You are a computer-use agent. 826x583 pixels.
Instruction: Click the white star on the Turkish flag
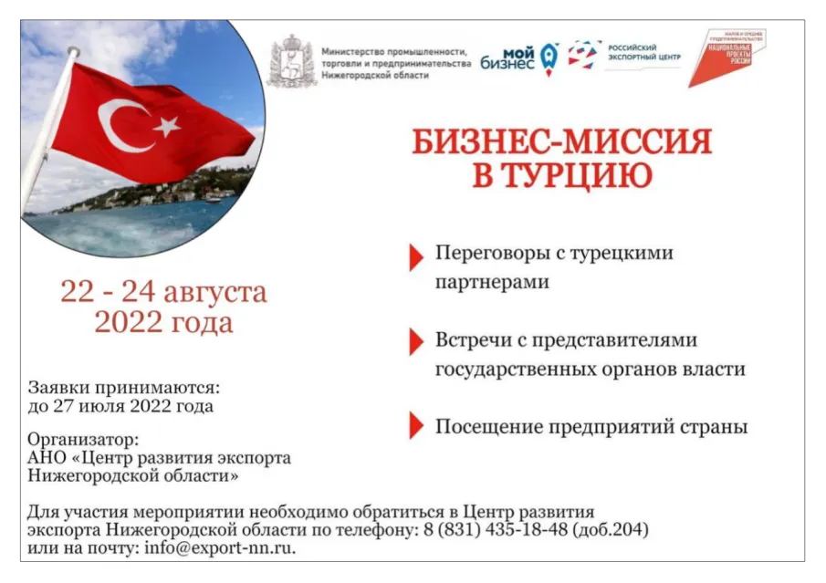166,126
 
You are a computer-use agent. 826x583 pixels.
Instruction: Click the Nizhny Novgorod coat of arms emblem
290,61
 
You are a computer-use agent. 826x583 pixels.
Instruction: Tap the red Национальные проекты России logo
727,56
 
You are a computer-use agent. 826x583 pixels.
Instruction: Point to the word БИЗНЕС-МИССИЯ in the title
561,141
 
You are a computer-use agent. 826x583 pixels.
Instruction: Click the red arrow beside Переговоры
415,257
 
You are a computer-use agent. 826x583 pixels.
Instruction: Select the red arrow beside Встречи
415,341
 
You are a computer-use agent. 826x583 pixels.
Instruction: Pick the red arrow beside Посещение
415,425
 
